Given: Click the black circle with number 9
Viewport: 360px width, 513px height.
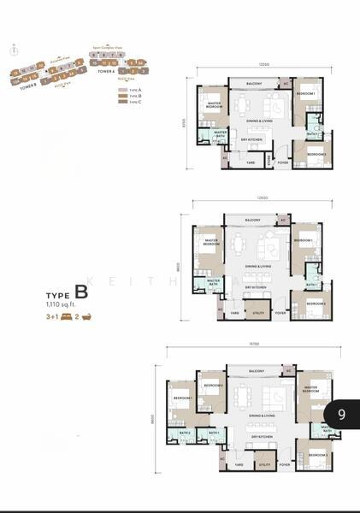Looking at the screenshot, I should [341, 414].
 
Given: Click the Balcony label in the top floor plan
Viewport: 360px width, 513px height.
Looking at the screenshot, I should [254, 84].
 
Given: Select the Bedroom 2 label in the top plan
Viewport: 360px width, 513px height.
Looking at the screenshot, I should [316, 154].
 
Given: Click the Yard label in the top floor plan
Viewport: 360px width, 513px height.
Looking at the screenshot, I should [251, 162].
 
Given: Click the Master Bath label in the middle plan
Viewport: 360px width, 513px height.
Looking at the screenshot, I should [214, 281].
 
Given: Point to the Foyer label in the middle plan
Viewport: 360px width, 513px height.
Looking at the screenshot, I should [280, 314].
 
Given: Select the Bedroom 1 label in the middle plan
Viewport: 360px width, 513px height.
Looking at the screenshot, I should [304, 241].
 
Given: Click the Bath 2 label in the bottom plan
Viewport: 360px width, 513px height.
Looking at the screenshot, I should [184, 432].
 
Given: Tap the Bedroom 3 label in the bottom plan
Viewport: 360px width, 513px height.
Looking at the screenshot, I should [317, 454].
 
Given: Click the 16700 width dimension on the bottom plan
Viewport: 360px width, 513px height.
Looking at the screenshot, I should [254, 342].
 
